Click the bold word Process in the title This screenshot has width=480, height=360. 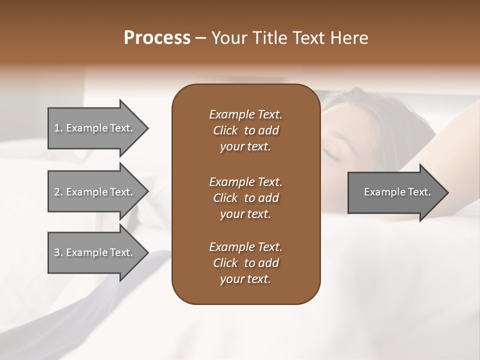tap(157, 37)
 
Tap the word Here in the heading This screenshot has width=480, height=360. tap(349, 37)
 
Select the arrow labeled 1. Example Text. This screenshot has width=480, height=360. tap(95, 128)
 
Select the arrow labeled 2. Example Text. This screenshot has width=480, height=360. tap(95, 192)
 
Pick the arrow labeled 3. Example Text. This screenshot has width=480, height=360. tap(95, 252)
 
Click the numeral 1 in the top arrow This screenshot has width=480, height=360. tap(57, 128)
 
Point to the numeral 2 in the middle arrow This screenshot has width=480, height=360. tap(57, 192)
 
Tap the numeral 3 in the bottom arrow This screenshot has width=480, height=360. tap(57, 252)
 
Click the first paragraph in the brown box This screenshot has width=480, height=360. tap(245, 130)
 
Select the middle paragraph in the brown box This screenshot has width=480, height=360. tap(245, 197)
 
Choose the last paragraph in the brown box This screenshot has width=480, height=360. tap(245, 263)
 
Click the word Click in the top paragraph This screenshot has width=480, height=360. tap(225, 130)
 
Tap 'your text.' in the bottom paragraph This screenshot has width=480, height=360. tap(245, 279)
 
